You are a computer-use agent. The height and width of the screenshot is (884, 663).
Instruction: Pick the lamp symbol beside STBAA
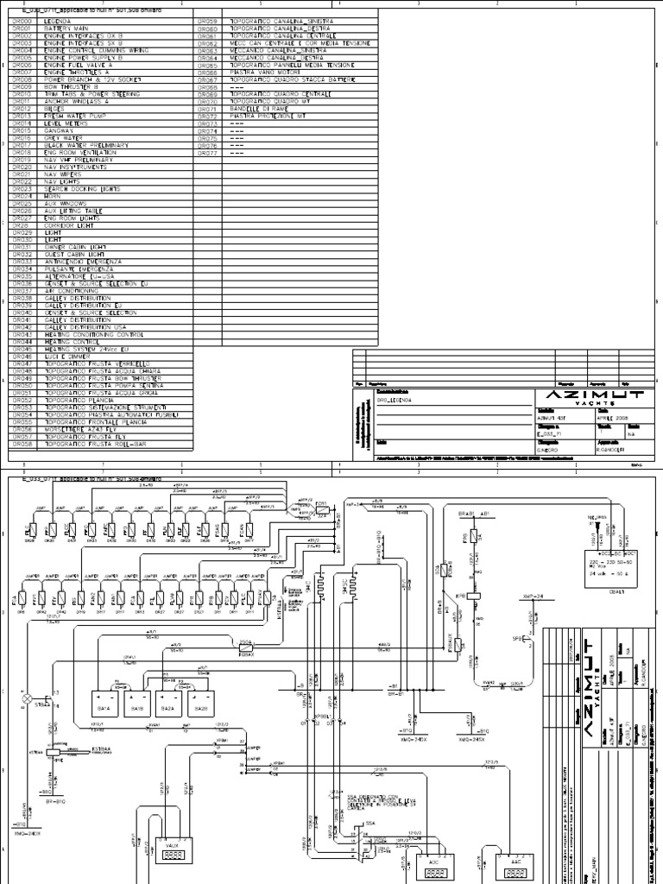point(27,697)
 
